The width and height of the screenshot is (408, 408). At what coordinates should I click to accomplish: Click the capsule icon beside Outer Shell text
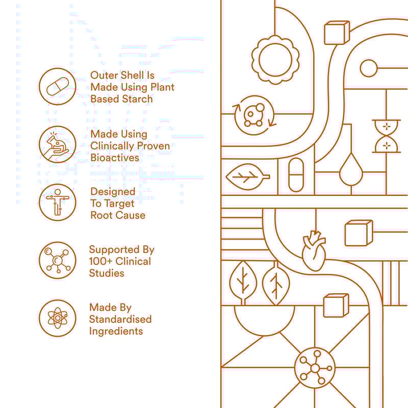click(57, 87)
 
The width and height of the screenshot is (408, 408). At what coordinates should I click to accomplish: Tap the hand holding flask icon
click(57, 145)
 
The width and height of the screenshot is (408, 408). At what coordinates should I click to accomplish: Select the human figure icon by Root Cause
click(57, 202)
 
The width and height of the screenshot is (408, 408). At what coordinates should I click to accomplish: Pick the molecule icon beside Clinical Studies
click(57, 260)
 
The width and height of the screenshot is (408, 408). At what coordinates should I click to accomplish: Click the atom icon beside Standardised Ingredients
click(57, 318)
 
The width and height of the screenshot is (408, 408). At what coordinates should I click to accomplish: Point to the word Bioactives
click(115, 158)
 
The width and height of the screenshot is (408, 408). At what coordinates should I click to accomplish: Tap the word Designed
click(113, 192)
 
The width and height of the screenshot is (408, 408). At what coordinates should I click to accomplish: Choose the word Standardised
click(120, 319)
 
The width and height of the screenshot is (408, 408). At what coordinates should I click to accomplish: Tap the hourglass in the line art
click(387, 136)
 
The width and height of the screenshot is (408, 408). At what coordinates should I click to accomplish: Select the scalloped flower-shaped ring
click(275, 57)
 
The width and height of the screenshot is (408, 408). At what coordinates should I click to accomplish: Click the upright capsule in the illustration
click(296, 174)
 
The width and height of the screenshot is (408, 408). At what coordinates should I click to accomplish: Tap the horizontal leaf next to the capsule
click(247, 177)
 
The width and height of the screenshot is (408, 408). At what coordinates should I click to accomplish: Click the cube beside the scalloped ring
click(336, 33)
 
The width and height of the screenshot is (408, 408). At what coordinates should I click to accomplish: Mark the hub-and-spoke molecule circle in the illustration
click(315, 368)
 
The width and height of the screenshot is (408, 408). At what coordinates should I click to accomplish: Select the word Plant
click(161, 87)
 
